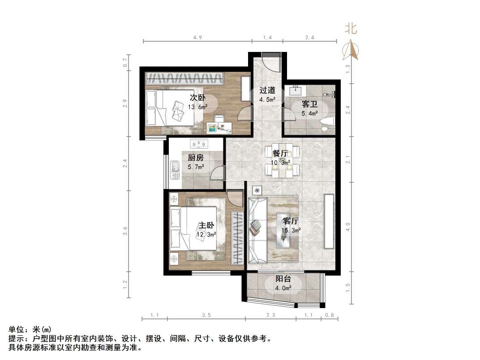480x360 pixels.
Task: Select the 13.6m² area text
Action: point(197,107)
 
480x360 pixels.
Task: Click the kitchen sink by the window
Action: point(175,168)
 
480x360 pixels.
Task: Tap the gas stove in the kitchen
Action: point(199,144)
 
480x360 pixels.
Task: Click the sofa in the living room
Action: point(257,229)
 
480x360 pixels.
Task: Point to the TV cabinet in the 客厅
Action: point(329,221)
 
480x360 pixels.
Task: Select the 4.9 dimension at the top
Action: point(197,38)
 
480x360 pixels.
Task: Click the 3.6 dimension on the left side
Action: point(126,231)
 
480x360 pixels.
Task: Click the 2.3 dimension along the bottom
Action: point(270,316)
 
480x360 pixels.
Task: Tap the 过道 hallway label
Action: point(267,90)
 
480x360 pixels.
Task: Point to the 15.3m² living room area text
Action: point(291,231)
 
